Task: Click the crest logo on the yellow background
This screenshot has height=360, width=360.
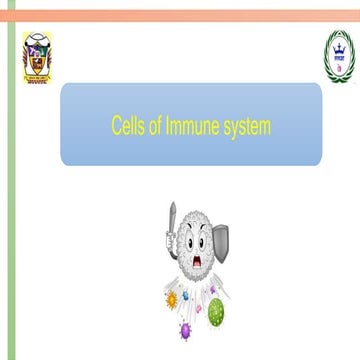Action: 37,56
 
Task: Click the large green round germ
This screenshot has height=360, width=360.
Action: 215,312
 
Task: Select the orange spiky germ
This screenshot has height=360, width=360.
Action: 171,297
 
